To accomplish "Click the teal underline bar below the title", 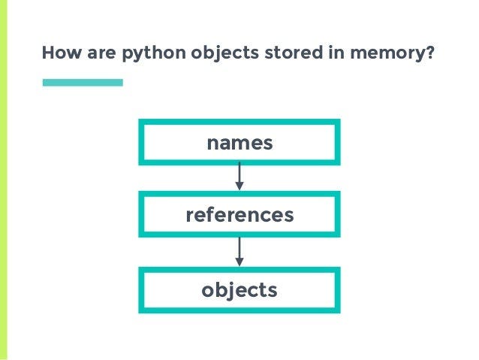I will coord(83,82).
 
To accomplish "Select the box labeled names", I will coord(239,141).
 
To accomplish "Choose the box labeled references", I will coord(239,215).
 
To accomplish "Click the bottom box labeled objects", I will coord(239,289).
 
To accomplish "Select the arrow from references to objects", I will coord(239,251).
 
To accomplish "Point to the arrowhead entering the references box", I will coord(239,186).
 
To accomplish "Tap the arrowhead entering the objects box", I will coord(239,261).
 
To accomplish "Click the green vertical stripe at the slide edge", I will coord(4,180).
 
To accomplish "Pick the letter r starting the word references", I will coord(189,216).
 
